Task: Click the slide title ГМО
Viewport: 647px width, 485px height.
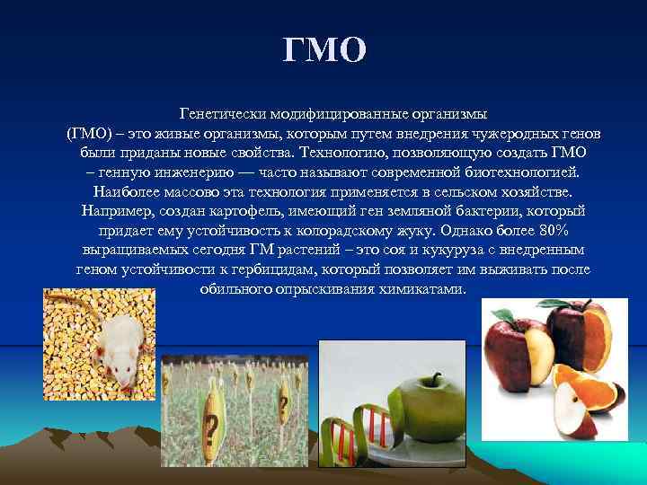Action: coord(324,50)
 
